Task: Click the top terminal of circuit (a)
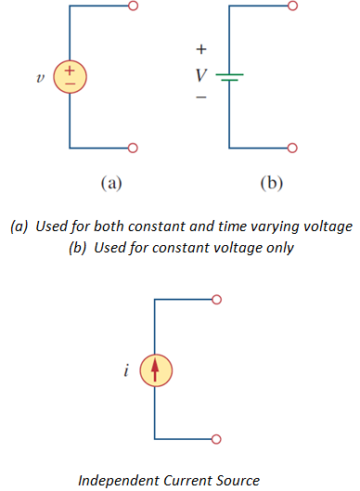point(133,6)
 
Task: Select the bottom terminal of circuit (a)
point(133,148)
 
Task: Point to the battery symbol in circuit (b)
point(229,78)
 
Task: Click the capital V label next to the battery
point(201,73)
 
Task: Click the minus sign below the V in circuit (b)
point(201,97)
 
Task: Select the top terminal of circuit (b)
point(293,6)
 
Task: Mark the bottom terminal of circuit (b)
point(293,148)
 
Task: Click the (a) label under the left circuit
point(109,184)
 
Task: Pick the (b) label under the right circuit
point(270,184)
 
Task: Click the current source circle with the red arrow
point(155,370)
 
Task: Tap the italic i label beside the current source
point(126,371)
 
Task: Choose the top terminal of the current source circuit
point(217,300)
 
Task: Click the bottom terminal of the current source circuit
point(217,440)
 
